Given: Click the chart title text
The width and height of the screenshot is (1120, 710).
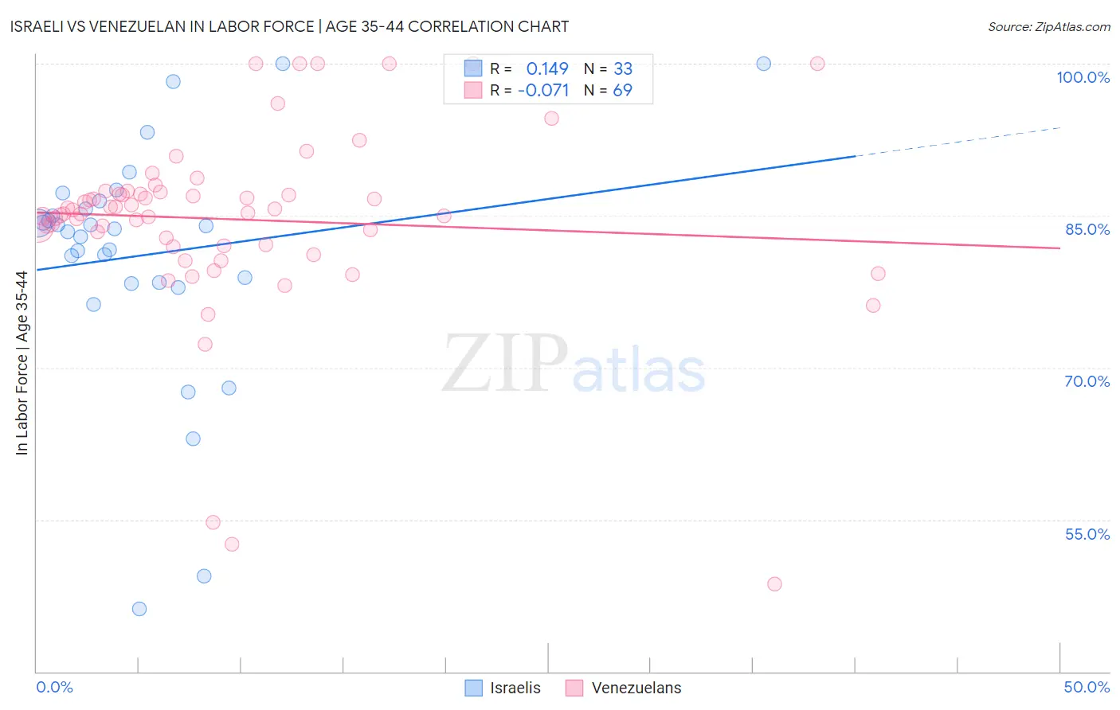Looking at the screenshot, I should [289, 26].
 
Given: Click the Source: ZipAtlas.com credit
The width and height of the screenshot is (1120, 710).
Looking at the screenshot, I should [1048, 26].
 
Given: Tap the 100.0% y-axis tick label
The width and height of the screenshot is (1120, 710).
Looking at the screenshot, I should [1083, 77].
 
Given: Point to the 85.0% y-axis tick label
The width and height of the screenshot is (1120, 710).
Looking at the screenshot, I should [1087, 229].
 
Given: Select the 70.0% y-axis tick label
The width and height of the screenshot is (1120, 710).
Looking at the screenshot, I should [1087, 381].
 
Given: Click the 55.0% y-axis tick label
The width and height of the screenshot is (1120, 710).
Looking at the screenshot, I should [1087, 534].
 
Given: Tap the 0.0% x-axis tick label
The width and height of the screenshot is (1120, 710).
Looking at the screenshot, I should [54, 687].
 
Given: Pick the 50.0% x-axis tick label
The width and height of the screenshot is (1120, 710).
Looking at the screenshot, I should [1087, 687].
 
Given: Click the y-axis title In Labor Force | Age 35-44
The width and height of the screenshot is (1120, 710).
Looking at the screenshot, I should [22, 363].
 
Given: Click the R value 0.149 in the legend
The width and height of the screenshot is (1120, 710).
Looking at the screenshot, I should [547, 68].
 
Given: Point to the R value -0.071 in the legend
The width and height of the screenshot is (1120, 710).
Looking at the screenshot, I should [543, 91].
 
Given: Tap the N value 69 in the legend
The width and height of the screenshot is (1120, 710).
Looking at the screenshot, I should [622, 91].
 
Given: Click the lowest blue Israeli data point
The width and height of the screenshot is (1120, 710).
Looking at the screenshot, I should [139, 609].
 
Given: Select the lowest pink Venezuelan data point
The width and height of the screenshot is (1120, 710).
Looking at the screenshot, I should [774, 584].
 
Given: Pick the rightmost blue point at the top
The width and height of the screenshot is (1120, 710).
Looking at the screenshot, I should [764, 64].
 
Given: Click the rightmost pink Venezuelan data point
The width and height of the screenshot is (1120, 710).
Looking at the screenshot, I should [878, 274].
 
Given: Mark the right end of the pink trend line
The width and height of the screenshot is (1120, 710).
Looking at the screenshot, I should [1059, 248].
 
